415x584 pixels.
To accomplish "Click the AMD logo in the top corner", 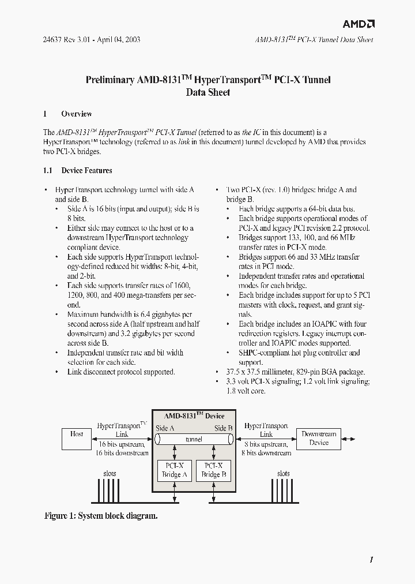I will [x=359, y=24].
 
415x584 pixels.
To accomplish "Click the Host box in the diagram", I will [x=77, y=438].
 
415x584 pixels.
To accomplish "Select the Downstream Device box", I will [x=319, y=438].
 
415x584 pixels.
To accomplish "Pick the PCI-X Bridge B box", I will [x=213, y=470].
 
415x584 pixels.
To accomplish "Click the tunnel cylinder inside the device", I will [x=194, y=439].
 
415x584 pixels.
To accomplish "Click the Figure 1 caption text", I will [x=101, y=516].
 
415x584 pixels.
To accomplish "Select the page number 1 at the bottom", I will [x=372, y=559].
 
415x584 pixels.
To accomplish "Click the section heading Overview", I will [x=76, y=114].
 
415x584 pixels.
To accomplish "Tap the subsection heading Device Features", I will [x=86, y=171].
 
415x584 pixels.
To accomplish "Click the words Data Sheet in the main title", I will [x=207, y=92].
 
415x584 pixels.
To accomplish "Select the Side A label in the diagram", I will [x=165, y=428].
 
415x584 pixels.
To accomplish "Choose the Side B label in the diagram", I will [x=223, y=428].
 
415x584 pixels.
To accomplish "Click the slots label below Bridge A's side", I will [x=110, y=473].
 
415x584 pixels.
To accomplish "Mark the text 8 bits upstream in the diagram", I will [x=266, y=444].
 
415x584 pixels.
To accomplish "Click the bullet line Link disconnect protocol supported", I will [x=120, y=372].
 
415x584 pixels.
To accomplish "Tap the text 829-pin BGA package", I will [x=327, y=372].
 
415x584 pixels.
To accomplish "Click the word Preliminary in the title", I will [x=110, y=80].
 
